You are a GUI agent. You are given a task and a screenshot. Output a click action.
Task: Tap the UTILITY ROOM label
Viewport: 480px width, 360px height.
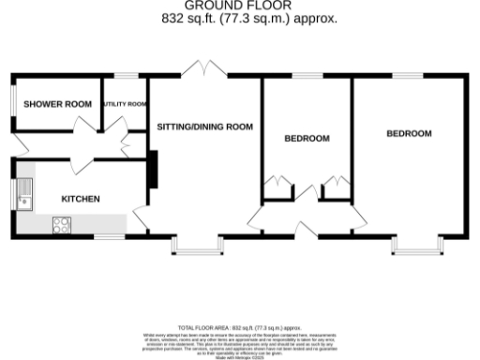(125, 104)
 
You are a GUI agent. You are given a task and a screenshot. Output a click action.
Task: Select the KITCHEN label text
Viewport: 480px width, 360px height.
(81, 199)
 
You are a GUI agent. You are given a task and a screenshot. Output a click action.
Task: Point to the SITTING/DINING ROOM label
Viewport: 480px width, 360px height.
(204, 125)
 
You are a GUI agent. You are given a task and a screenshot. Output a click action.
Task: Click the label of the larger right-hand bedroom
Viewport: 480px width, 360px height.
(409, 134)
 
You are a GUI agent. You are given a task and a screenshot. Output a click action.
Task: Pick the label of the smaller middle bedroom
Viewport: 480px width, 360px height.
(307, 139)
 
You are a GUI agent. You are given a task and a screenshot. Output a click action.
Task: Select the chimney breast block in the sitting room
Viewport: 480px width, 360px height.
(150, 170)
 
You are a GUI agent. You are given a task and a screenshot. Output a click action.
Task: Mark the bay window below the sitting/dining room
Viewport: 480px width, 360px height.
(198, 247)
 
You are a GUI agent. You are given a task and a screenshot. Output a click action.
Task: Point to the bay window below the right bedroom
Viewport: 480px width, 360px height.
(414, 247)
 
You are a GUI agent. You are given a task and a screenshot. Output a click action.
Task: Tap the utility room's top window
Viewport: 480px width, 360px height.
(125, 75)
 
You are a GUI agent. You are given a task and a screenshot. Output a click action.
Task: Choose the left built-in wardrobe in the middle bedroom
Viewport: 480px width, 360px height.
(276, 188)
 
